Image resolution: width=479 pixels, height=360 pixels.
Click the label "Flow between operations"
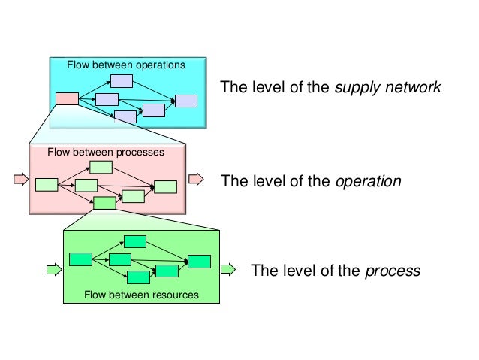pyautogui.click(x=125, y=65)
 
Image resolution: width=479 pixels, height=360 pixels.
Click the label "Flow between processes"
pyautogui.click(x=106, y=152)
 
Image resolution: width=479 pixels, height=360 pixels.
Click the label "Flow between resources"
pyautogui.click(x=141, y=295)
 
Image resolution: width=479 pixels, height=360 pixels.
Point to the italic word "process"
pyautogui.click(x=392, y=271)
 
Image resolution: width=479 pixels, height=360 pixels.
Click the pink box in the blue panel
pyautogui.click(x=67, y=98)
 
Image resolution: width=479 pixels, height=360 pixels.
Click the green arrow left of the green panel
pyautogui.click(x=53, y=268)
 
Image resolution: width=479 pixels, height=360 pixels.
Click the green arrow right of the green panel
pyautogui.click(x=228, y=268)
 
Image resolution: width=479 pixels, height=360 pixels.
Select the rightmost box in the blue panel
pyautogui.click(x=185, y=101)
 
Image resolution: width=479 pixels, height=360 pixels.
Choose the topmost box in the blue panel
pyautogui.click(x=122, y=81)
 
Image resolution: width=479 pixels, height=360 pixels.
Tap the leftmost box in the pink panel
pyautogui.click(x=47, y=184)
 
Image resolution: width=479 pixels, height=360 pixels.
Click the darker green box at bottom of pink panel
pyautogui.click(x=104, y=203)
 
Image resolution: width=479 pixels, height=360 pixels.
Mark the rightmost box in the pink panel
pyautogui.click(x=165, y=187)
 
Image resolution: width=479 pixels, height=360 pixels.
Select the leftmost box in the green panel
pyautogui.click(x=80, y=259)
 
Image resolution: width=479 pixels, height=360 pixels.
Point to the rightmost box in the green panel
pyautogui.click(x=199, y=261)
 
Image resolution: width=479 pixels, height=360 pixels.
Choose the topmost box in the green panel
pyautogui.click(x=135, y=241)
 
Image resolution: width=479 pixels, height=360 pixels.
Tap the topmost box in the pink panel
pyautogui.click(x=101, y=167)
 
